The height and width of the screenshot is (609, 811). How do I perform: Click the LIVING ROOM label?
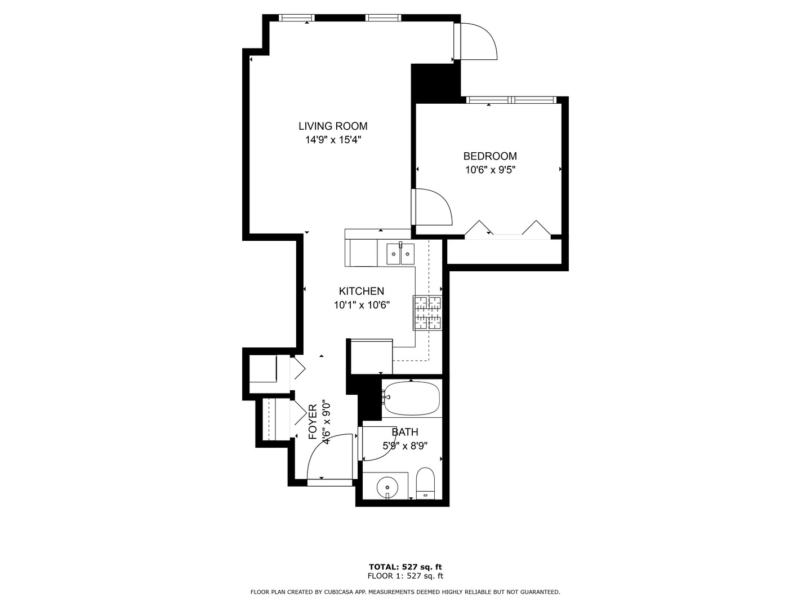tap(333, 126)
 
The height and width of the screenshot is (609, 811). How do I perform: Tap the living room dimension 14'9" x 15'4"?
tap(333, 140)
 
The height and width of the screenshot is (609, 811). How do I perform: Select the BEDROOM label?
tap(490, 156)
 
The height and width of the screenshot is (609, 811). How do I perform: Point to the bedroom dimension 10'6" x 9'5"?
tap(490, 170)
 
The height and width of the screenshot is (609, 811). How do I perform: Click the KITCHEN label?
tap(362, 292)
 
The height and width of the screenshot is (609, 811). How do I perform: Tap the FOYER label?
tap(313, 422)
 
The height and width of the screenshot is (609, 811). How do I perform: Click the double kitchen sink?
tap(400, 254)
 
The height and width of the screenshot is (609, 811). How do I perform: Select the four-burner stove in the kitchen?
tap(428, 312)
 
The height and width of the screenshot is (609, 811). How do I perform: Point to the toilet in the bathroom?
tap(425, 483)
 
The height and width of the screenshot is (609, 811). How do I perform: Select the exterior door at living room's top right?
tap(478, 41)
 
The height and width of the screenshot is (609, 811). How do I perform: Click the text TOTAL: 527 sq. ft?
tap(405, 567)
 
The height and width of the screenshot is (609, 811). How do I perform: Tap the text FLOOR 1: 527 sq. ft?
tap(405, 576)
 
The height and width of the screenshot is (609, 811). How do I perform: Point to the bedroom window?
tap(512, 100)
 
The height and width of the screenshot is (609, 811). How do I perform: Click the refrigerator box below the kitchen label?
tap(371, 356)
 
